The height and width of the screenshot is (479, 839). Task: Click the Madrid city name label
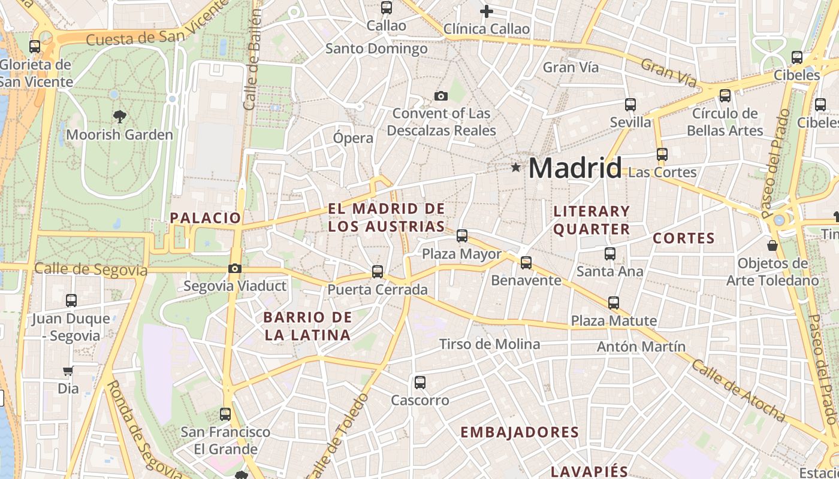575,168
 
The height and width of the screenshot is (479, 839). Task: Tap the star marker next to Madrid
515,168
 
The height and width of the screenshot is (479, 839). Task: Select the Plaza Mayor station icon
462,236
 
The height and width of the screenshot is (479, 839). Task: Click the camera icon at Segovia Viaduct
235,269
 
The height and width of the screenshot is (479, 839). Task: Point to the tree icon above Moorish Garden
120,117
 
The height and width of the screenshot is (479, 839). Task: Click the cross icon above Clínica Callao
487,11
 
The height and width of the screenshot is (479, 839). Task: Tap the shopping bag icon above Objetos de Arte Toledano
772,245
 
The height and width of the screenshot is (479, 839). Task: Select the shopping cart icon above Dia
68,371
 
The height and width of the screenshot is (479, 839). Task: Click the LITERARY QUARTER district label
591,220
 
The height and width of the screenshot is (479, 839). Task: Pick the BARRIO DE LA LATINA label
307,326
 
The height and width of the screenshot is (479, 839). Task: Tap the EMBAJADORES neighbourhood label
520,432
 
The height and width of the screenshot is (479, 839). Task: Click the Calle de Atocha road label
738,390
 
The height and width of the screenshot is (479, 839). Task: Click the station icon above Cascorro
420,382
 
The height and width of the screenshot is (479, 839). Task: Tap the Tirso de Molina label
490,344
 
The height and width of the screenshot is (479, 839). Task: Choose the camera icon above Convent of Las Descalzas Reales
441,96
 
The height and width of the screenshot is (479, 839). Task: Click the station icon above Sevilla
630,105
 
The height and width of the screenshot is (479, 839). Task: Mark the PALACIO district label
205,218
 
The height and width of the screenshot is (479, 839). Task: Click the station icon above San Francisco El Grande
225,414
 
